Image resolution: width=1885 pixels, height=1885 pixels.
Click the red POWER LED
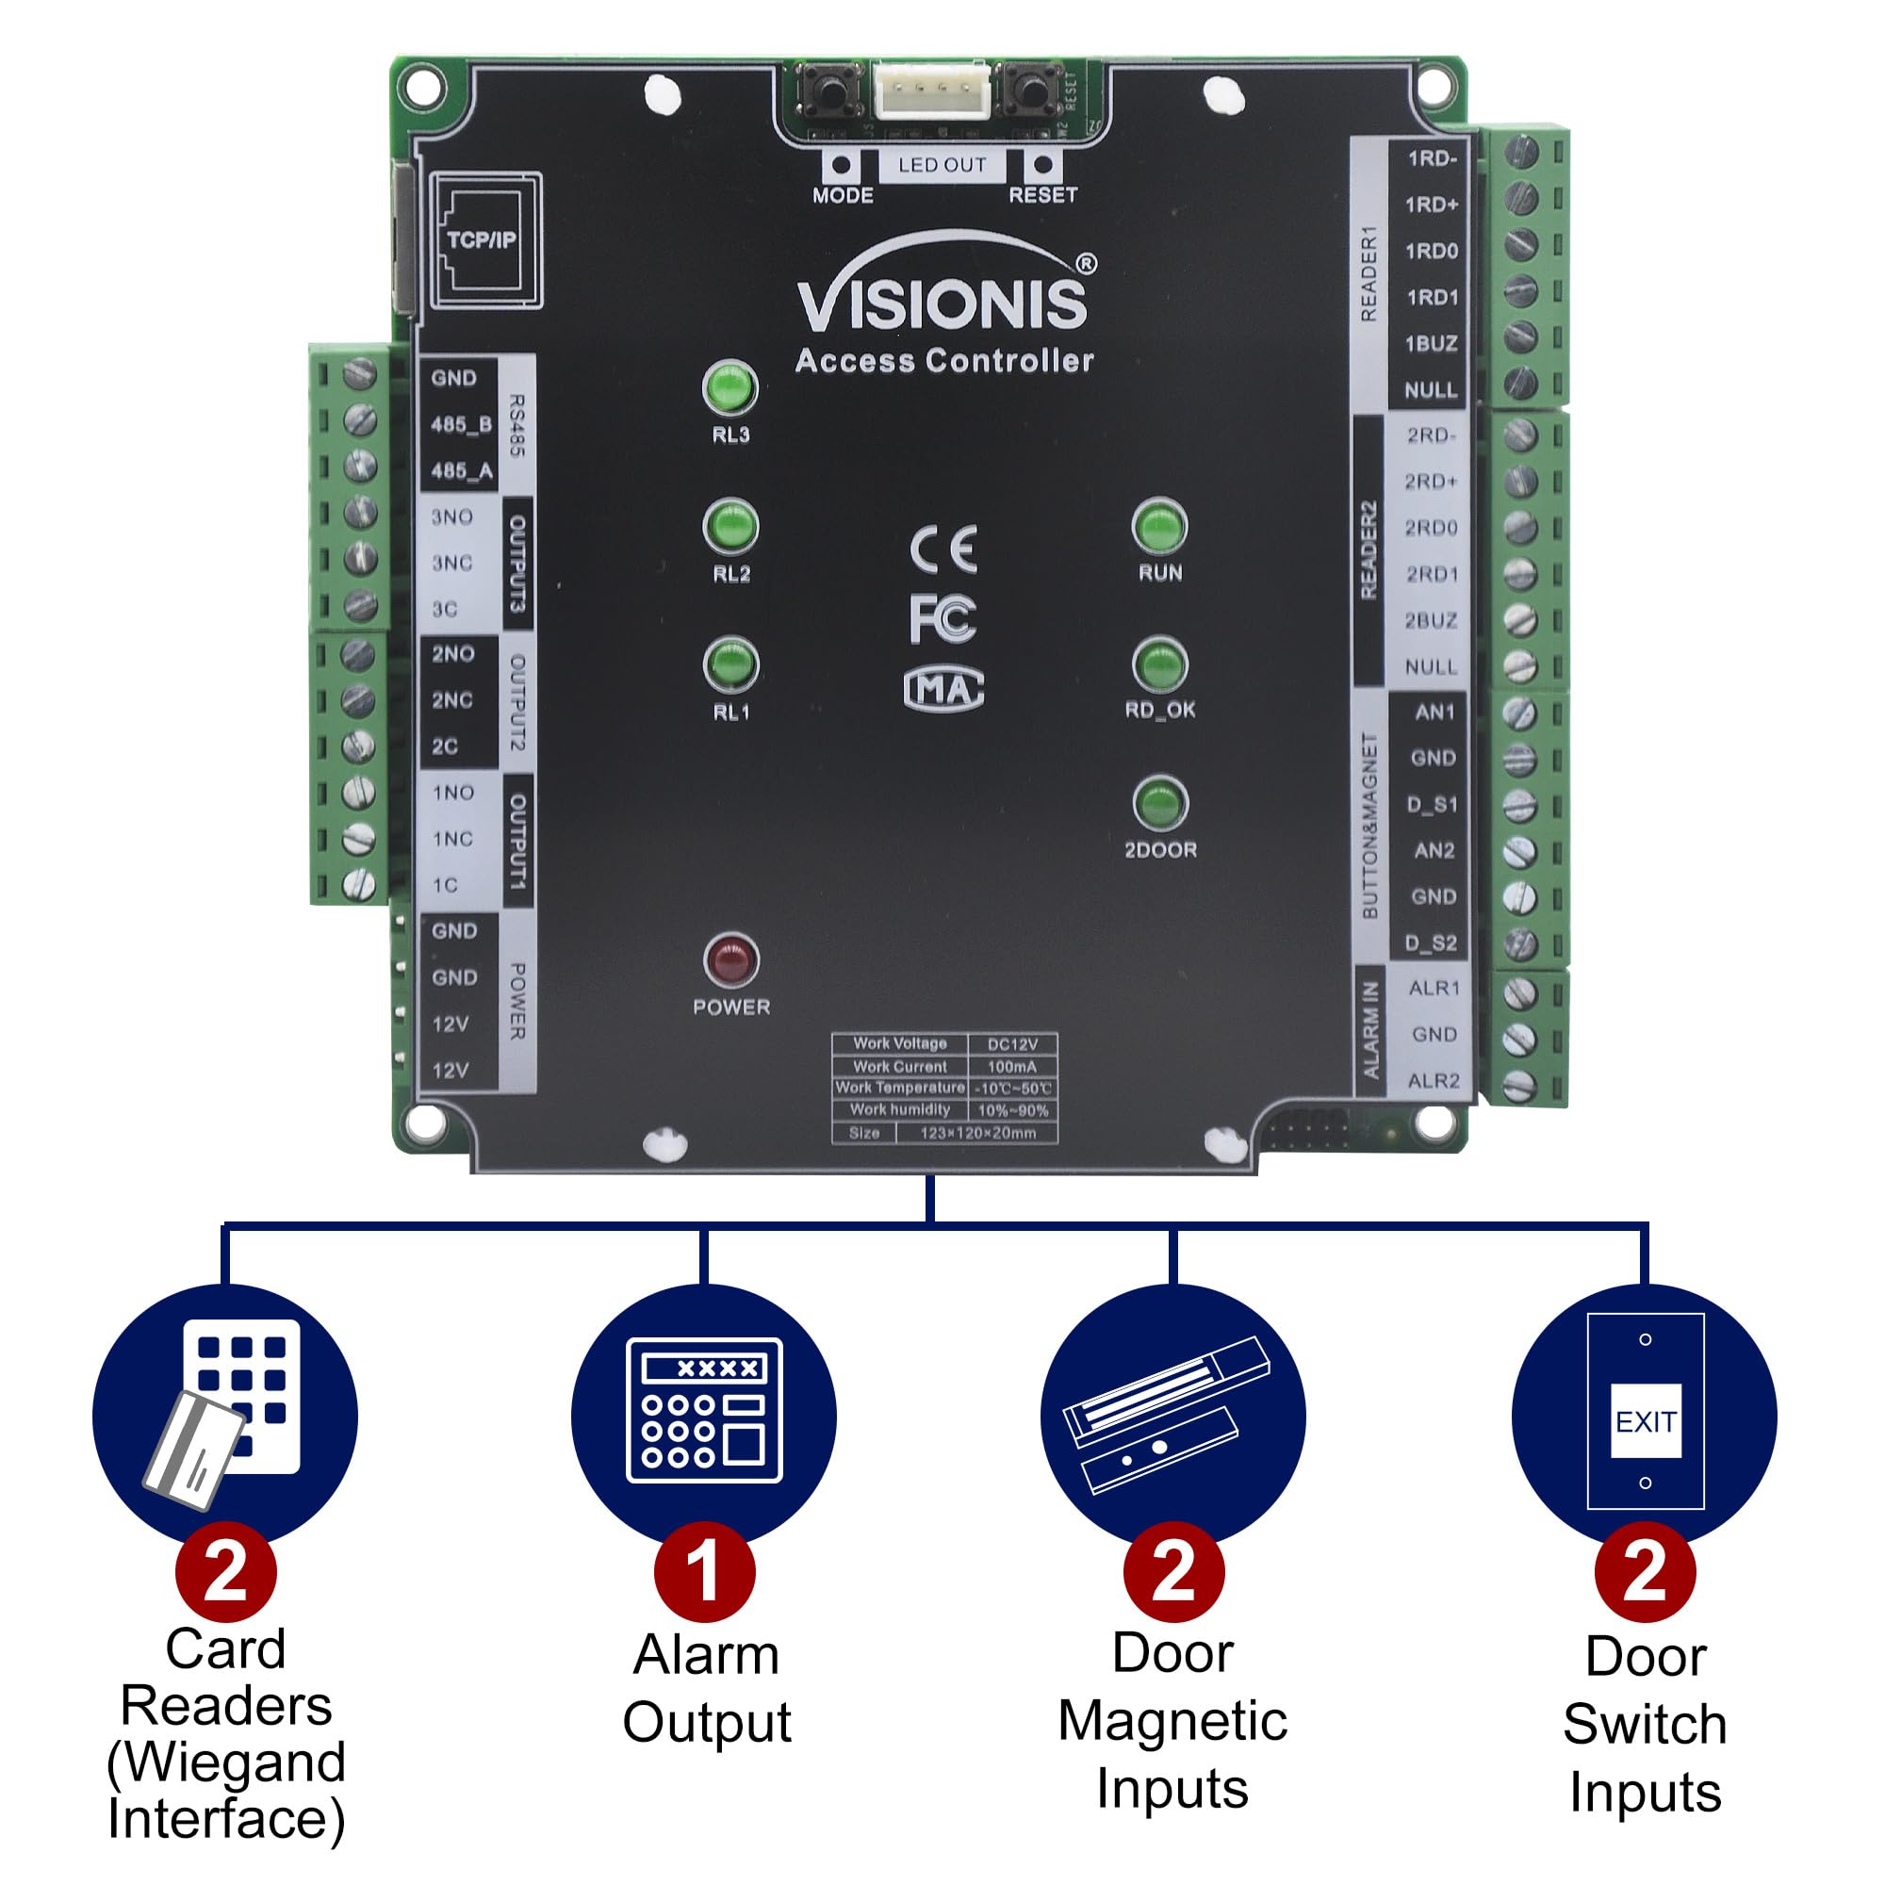point(730,960)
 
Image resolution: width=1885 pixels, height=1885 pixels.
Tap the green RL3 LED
point(729,387)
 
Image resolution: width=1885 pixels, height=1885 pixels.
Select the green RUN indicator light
point(1159,527)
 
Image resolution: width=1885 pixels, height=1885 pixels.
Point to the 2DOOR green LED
point(1160,804)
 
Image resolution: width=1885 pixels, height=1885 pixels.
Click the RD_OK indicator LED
point(1159,665)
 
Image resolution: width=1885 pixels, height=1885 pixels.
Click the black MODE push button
point(830,90)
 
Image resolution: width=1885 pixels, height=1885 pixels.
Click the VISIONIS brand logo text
point(942,303)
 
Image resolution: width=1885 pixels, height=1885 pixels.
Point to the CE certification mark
point(942,549)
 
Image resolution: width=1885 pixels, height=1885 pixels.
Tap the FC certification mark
point(942,618)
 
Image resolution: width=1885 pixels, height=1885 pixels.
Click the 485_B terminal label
point(462,424)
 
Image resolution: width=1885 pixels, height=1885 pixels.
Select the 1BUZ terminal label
point(1431,343)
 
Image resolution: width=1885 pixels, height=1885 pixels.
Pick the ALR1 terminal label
point(1434,989)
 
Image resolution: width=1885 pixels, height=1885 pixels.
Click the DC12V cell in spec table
point(1011,1044)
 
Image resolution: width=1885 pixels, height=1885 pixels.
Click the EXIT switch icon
point(1645,1421)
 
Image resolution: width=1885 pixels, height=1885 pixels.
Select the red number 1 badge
point(703,1571)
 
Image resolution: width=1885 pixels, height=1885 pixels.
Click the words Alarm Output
point(706,1688)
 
